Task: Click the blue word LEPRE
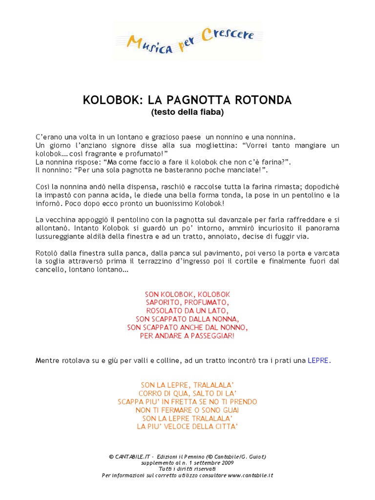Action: [x=318, y=361]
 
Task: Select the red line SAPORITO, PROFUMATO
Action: [x=187, y=303]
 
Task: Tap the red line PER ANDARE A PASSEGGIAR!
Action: [x=187, y=336]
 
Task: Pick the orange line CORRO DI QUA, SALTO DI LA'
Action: [x=187, y=393]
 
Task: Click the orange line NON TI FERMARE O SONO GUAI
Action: [x=187, y=410]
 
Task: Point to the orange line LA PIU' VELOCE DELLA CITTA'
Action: [x=187, y=427]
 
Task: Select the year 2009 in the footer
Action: [x=227, y=462]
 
